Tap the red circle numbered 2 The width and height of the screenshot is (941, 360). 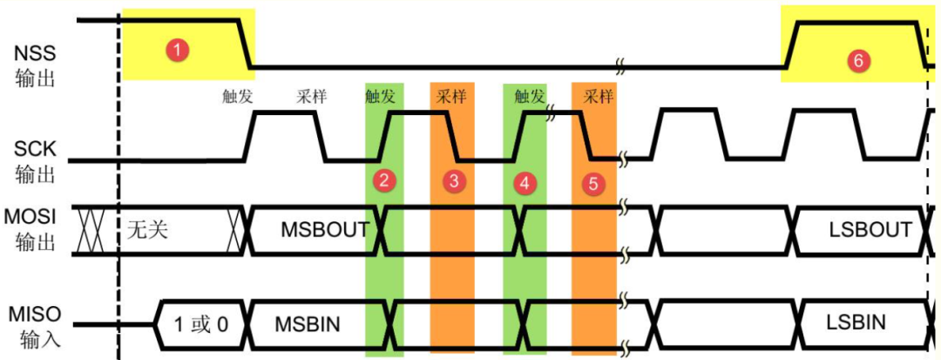383,180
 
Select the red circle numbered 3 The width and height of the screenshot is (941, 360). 454,182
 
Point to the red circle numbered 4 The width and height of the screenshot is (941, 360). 525,183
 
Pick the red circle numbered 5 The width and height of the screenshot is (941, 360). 593,184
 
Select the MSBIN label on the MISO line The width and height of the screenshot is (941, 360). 308,324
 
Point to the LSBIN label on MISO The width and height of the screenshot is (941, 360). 856,323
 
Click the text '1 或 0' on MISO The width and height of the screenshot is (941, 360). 201,324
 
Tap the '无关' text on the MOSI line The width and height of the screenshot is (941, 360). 147,230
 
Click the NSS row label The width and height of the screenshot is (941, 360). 35,65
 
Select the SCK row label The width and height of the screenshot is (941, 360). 35,162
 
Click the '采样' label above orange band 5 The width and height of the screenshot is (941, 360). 599,97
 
